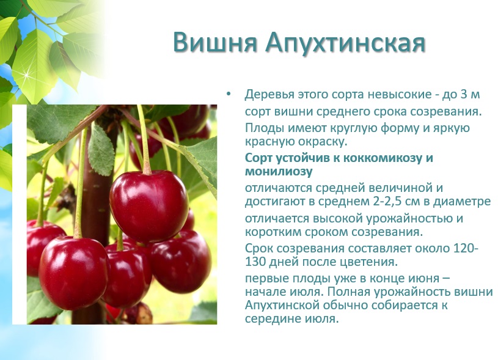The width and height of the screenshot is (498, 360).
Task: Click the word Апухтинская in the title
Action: tap(345, 43)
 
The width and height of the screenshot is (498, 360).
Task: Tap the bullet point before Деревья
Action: tap(229, 94)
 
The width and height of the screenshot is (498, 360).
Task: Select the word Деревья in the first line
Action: tap(269, 95)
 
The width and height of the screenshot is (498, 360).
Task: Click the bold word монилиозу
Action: tap(279, 171)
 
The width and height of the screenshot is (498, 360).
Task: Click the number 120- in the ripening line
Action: tap(465, 248)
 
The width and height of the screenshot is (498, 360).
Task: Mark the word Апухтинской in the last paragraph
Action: tap(282, 306)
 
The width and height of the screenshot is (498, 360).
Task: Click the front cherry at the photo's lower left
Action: tap(74, 273)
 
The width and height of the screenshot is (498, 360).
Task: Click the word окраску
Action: tap(323, 142)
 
